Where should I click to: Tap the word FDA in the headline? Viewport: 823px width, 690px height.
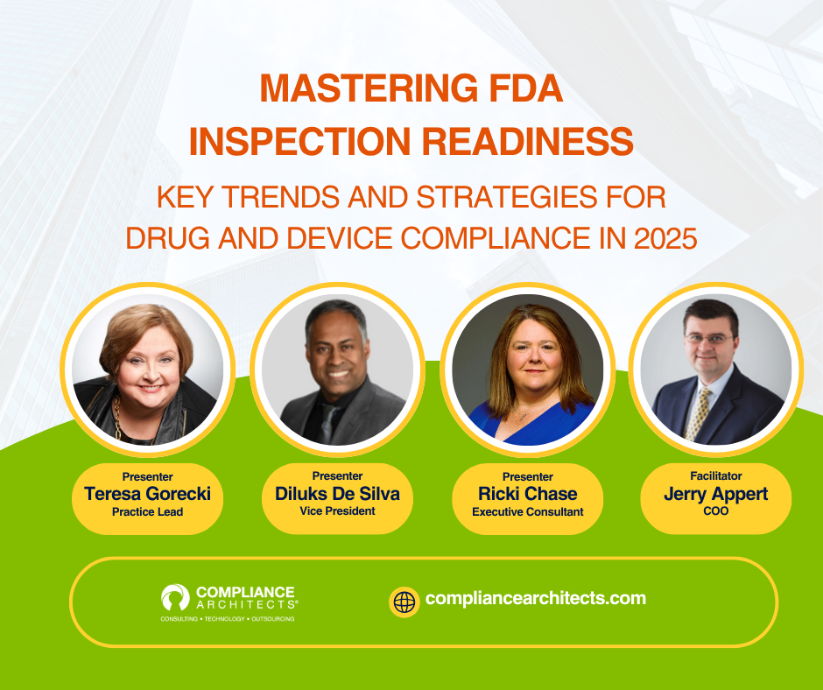coord(525,88)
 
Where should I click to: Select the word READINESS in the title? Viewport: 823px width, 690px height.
coord(527,141)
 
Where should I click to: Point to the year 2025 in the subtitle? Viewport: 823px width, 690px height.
coord(665,238)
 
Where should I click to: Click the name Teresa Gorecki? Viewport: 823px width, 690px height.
coord(147,494)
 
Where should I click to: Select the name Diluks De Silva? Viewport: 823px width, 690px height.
coord(337,494)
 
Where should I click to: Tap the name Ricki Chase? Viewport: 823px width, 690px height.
coord(527,494)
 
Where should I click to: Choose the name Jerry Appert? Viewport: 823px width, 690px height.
coord(716,494)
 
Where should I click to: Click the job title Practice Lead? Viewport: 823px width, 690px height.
coord(147,512)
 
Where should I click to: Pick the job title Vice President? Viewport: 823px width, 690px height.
coord(337,511)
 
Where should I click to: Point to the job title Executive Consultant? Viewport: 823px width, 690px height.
coord(527,512)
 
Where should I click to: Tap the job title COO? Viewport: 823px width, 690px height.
coord(716,511)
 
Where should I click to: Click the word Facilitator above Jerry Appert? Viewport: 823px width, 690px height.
coord(716,475)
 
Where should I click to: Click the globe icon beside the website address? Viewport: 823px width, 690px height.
coord(404,602)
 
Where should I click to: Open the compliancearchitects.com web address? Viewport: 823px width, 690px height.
coord(535,599)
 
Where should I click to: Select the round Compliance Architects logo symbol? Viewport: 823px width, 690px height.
coord(175,597)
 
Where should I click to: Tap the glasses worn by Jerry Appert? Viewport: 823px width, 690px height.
coord(709,339)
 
